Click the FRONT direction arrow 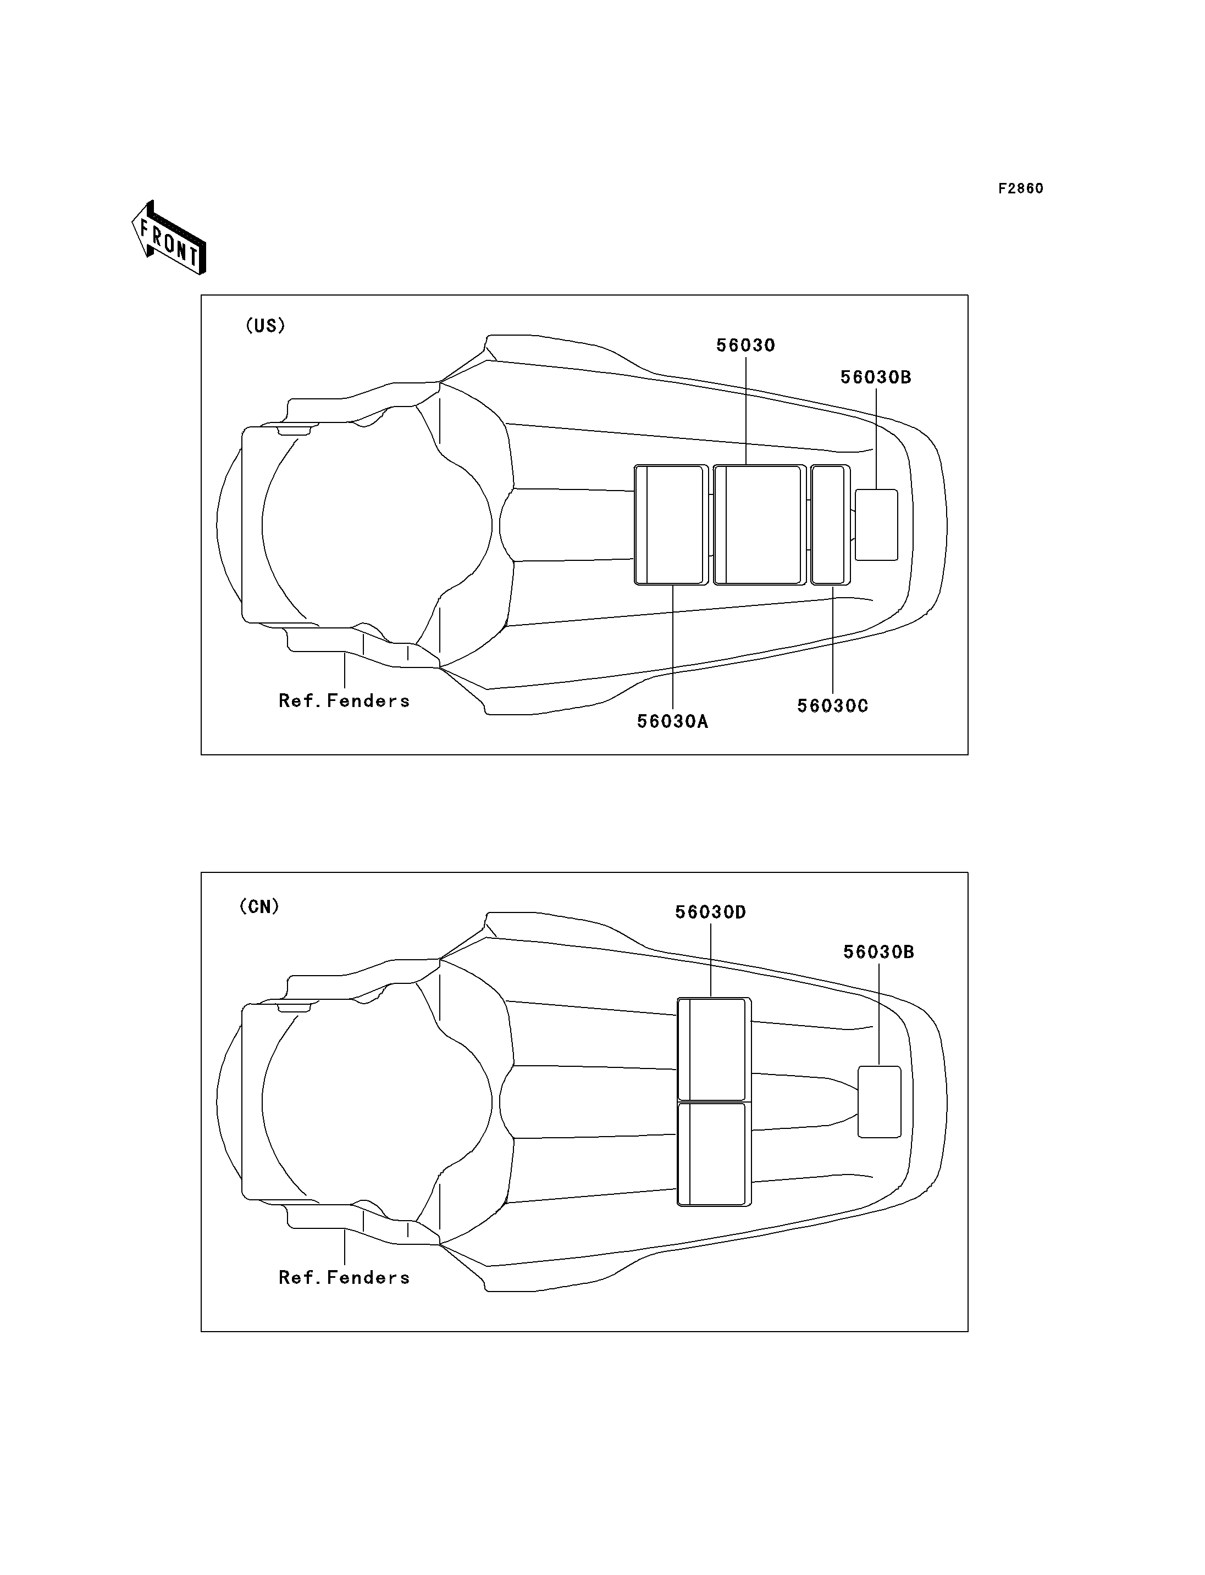(x=169, y=238)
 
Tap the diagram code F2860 (x=1021, y=188)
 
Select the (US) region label (x=266, y=325)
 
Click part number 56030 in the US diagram (x=746, y=346)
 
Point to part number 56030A (x=673, y=722)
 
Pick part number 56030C (x=833, y=706)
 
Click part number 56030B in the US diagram (x=876, y=377)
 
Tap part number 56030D (x=711, y=912)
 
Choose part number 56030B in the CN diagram (x=878, y=952)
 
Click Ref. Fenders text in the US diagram (x=344, y=700)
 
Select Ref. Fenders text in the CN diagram (x=344, y=1277)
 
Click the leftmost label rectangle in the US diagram (x=671, y=525)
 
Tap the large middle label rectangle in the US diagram (x=760, y=525)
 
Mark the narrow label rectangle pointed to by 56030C (x=831, y=525)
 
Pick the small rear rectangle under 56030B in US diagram (x=876, y=525)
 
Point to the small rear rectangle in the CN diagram (x=880, y=1102)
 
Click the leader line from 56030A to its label (x=673, y=648)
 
